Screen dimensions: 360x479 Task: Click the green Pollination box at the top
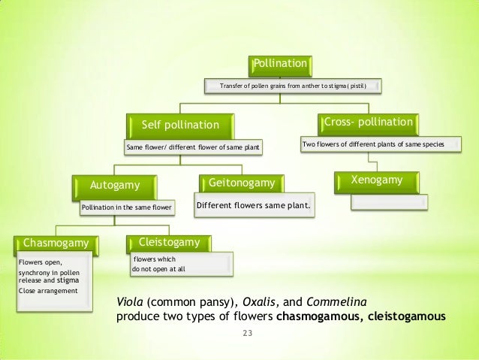[x=280, y=65]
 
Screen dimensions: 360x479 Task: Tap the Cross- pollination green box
[x=368, y=121]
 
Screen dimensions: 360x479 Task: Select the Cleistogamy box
[x=169, y=242]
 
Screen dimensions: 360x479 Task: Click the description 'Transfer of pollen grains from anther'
[x=292, y=87]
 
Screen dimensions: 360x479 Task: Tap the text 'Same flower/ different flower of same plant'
[x=193, y=147]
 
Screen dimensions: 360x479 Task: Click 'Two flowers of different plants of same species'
[x=373, y=144]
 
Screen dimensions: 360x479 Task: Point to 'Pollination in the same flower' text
[x=127, y=206]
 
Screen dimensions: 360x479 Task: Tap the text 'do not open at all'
[x=158, y=269]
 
